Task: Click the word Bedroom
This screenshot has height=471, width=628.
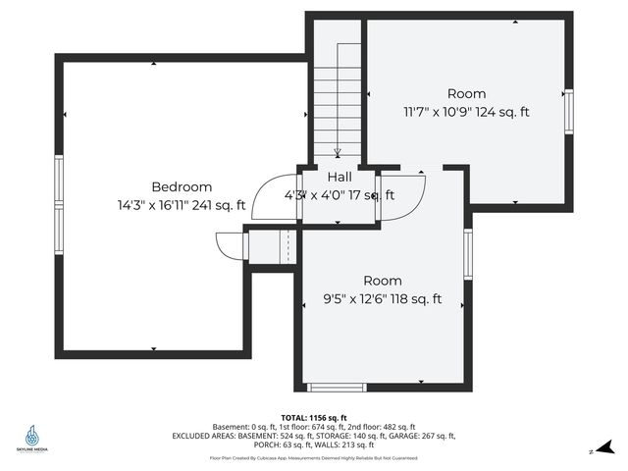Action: click(x=182, y=186)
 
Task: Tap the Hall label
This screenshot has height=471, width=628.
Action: click(x=340, y=177)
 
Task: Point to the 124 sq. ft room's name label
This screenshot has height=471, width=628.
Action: click(x=466, y=94)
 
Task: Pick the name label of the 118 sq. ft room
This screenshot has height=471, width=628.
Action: click(x=383, y=281)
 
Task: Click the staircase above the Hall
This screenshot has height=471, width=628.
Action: click(x=338, y=98)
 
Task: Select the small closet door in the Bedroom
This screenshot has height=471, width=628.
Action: click(x=229, y=244)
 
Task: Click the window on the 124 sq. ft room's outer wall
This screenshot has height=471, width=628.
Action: click(x=567, y=110)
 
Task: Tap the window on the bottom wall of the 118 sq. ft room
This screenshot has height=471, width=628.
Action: click(x=337, y=387)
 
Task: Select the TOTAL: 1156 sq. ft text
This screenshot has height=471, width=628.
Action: click(x=314, y=417)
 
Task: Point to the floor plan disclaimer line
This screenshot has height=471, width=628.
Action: click(x=314, y=457)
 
